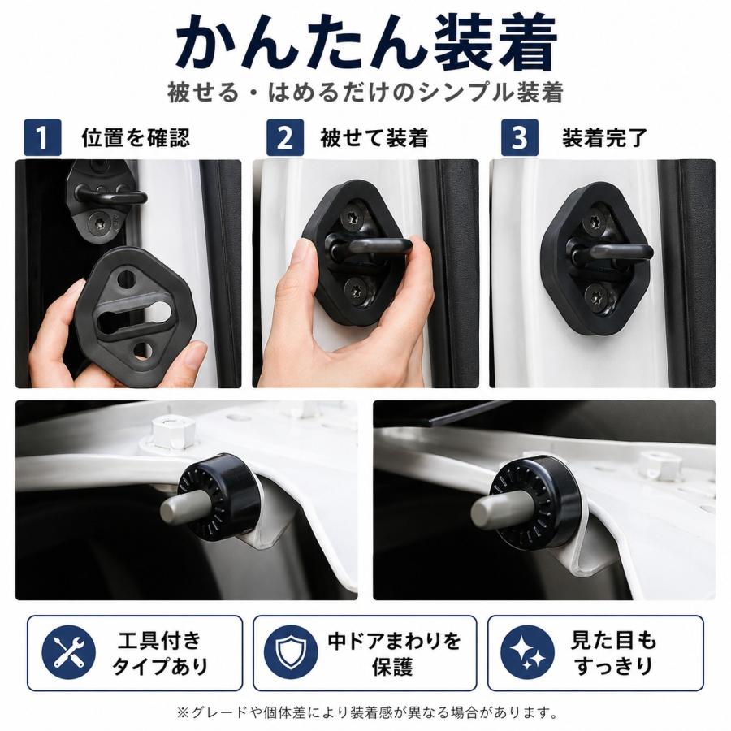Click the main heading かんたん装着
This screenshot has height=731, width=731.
[365, 43]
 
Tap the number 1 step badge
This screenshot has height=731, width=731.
[42, 137]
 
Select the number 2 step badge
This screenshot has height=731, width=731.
[285, 137]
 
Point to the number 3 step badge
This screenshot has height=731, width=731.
[519, 137]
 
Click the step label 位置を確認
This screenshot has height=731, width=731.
[136, 137]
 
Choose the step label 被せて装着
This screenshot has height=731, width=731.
[374, 137]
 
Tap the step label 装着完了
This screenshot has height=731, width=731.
[604, 137]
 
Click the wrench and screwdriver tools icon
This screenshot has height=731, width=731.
[68, 652]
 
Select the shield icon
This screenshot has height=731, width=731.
[291, 652]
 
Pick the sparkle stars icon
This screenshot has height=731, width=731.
[528, 652]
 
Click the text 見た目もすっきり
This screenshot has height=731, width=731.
[613, 653]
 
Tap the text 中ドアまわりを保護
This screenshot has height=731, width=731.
[394, 653]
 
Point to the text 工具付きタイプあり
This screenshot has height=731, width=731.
[159, 653]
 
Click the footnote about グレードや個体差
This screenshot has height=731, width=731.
[367, 712]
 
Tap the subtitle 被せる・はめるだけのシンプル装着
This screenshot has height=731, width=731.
[365, 92]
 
